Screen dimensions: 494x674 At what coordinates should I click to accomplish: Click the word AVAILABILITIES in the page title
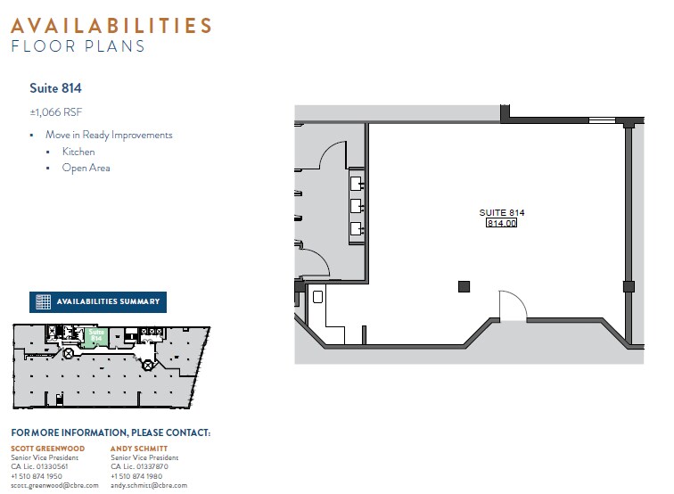(111, 25)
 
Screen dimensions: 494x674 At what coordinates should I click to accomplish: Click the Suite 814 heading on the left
(55, 88)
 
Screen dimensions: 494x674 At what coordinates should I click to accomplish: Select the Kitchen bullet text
(78, 152)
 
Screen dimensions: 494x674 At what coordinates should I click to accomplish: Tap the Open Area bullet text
(86, 168)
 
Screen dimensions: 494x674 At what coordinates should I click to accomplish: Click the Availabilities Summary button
(98, 301)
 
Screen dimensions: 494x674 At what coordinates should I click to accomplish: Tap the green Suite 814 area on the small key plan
(96, 335)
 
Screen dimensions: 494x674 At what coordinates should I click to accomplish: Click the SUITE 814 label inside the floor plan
(502, 212)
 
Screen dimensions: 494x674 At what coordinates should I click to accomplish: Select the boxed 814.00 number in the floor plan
(501, 223)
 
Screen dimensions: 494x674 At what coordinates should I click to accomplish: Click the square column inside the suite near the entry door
(464, 286)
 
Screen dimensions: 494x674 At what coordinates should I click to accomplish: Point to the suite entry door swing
(511, 305)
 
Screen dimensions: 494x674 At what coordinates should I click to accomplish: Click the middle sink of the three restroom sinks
(356, 206)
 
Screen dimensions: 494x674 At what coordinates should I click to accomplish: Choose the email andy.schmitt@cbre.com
(149, 485)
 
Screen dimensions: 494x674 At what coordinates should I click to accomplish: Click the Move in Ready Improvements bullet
(109, 136)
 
